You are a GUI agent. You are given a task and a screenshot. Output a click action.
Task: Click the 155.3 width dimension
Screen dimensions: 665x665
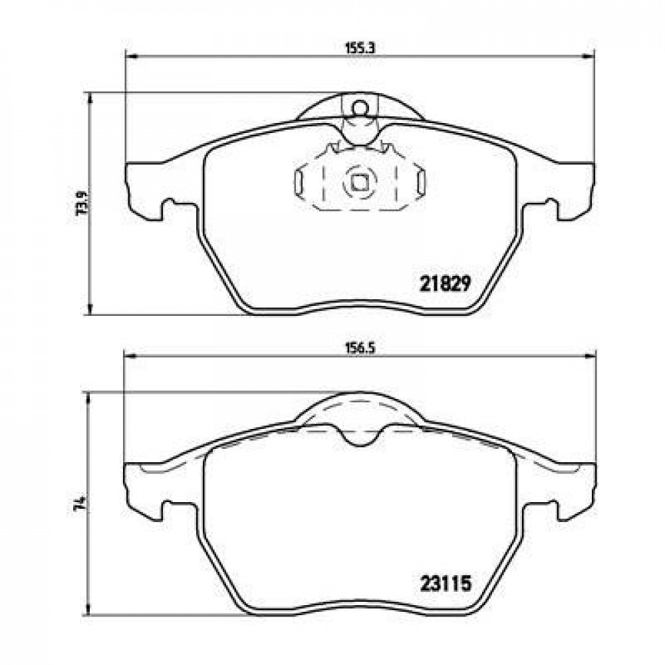(359, 49)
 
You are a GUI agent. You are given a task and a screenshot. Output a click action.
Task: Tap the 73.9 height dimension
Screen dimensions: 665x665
(81, 203)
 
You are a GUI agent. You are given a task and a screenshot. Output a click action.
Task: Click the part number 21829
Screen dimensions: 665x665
(445, 284)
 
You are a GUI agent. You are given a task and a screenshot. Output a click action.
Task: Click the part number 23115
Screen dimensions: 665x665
(446, 584)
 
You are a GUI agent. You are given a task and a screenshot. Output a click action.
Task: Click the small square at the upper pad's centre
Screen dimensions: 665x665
(360, 183)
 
